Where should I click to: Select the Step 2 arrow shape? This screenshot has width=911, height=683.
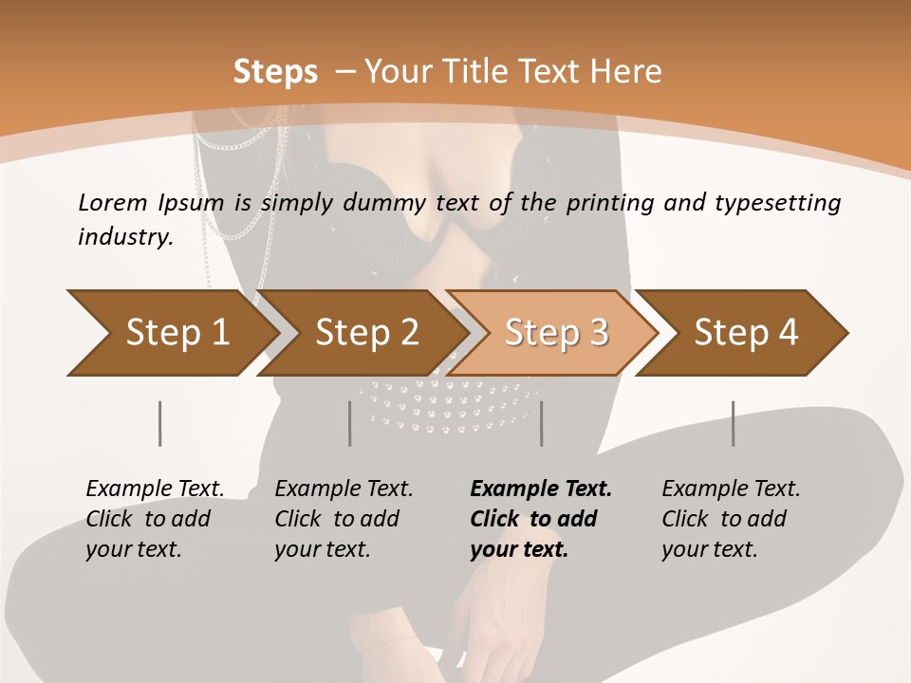[366, 332]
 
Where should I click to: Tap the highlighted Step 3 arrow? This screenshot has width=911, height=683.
[556, 332]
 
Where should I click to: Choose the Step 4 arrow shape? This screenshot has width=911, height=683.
[746, 332]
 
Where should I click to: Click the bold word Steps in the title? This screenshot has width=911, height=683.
[275, 71]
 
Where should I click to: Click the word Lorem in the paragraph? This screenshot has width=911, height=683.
[113, 202]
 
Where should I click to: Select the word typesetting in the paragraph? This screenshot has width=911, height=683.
[786, 202]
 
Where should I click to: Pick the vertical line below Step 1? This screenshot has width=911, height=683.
[159, 423]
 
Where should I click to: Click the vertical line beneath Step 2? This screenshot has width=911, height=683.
[349, 423]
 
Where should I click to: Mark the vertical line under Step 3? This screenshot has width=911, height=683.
[541, 423]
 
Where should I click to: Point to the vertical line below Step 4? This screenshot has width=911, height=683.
[733, 423]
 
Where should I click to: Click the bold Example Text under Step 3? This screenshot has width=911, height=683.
[541, 489]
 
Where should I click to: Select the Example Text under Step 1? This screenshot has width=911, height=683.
[156, 489]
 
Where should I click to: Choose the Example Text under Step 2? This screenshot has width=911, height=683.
[344, 489]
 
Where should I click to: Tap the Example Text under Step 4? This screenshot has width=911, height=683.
[731, 489]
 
